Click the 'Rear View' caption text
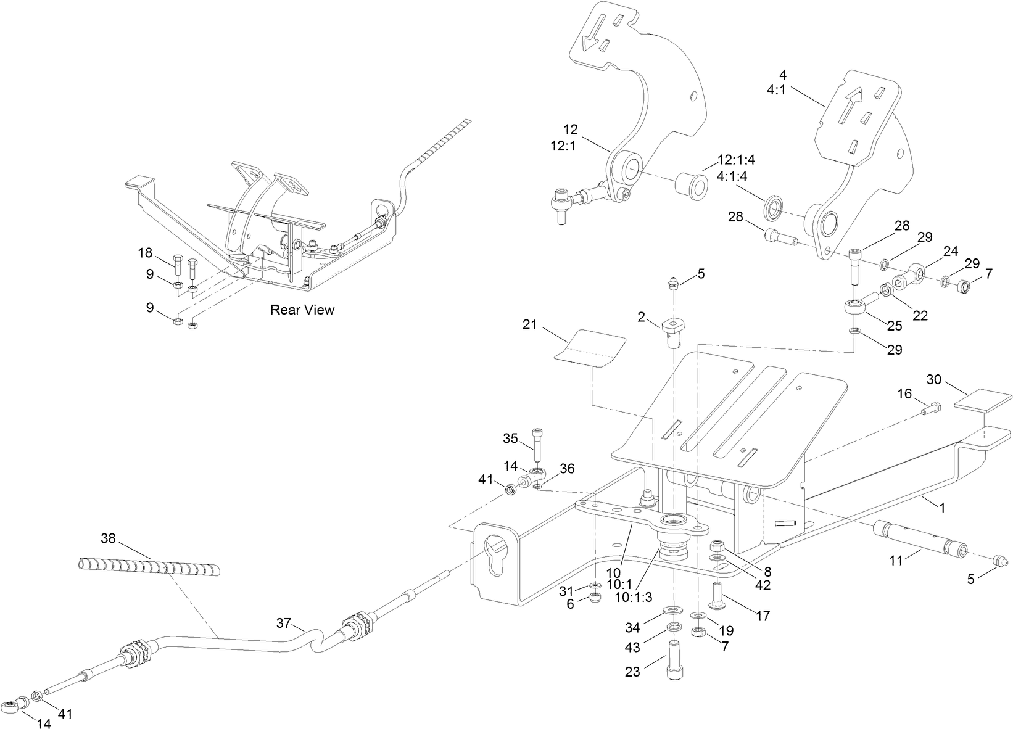[302, 310]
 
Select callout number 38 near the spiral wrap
[108, 538]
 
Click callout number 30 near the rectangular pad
[934, 379]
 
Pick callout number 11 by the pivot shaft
[895, 560]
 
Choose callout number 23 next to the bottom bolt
[632, 672]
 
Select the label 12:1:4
[735, 160]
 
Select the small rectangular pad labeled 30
[983, 401]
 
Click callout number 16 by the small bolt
[904, 393]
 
